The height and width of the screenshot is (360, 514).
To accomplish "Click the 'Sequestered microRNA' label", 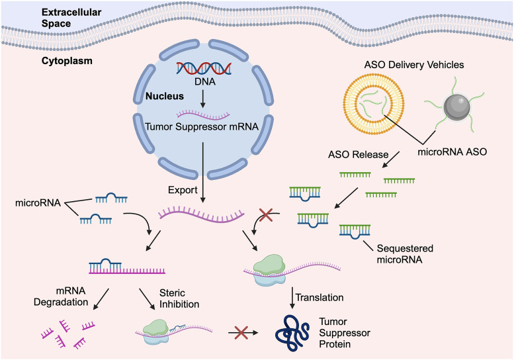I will (404, 254).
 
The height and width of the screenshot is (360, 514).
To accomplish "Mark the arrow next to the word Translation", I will (292, 298).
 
